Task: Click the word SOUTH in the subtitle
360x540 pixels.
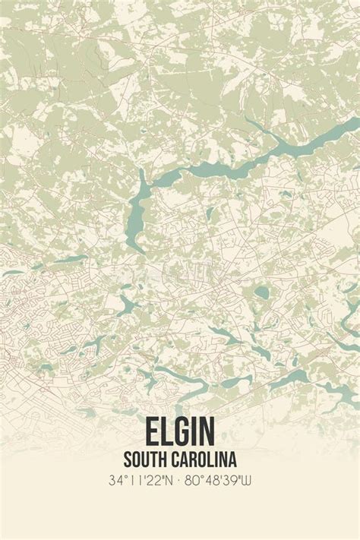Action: pos(147,459)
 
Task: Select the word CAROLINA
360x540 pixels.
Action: pos(204,459)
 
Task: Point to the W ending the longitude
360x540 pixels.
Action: pos(246,481)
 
